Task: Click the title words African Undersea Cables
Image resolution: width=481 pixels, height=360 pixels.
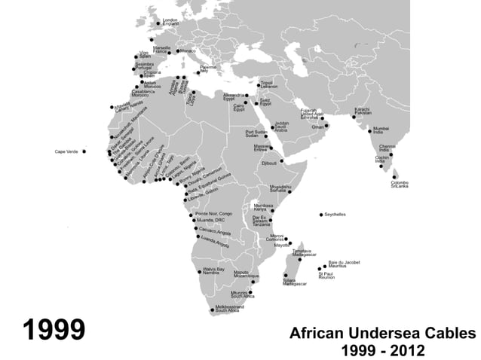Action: point(383,333)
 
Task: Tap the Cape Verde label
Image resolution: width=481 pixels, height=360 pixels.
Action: point(66,151)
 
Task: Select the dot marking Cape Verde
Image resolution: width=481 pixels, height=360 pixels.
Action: point(84,151)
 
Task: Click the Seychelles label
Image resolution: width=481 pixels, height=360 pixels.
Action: point(335,215)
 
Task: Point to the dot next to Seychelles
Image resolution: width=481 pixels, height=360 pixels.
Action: point(321,215)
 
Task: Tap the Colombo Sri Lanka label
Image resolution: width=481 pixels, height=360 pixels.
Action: point(399,184)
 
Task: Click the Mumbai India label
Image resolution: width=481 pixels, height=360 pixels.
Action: point(381,130)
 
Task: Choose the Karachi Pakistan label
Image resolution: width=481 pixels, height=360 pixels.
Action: point(363,111)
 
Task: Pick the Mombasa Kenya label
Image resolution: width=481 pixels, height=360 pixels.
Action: point(263,206)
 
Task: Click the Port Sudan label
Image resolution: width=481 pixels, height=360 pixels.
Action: point(256,133)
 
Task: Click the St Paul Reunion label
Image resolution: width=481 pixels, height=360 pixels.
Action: point(326,276)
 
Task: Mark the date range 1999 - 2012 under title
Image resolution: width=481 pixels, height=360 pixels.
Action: point(384,350)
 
